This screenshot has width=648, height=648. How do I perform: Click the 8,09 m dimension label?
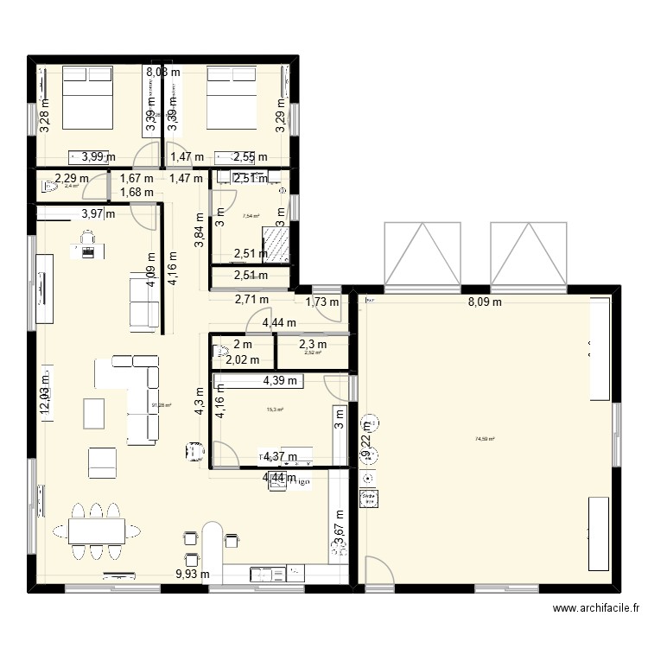486,302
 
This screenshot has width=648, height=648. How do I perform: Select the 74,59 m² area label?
485,439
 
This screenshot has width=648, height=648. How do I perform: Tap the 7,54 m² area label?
251,217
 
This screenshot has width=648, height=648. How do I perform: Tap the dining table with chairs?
96,529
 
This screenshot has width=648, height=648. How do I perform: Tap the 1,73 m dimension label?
321,302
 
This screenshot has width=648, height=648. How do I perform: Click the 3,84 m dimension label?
200,231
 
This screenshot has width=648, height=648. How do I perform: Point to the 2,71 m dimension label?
251,301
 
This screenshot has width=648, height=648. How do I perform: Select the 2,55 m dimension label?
251,157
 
